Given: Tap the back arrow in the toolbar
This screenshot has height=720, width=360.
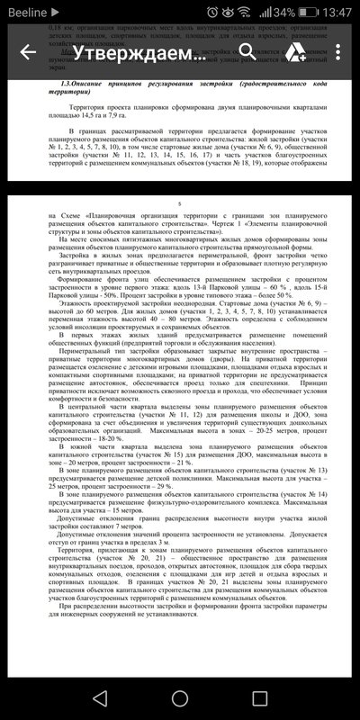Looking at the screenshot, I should coord(27,52).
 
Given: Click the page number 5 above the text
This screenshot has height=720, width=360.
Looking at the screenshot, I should coord(179,205).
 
